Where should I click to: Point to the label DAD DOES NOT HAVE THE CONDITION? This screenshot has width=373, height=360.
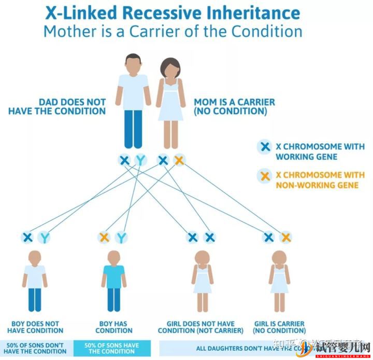[x=58, y=107]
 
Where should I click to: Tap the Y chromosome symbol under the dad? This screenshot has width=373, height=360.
[x=140, y=160]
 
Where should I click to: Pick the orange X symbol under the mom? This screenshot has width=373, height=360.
[x=179, y=160]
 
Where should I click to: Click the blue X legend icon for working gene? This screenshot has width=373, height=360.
[x=265, y=147]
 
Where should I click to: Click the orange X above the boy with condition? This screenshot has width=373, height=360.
[x=104, y=238]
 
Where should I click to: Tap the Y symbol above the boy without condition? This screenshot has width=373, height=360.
[x=45, y=238]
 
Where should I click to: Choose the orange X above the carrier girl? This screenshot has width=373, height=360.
[x=285, y=238]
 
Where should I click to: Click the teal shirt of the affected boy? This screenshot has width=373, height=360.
[x=113, y=276]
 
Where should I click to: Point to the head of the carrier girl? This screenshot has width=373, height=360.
[x=279, y=257]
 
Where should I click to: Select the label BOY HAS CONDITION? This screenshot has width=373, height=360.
[x=113, y=327]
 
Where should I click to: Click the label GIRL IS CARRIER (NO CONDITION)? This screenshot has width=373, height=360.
[x=279, y=327]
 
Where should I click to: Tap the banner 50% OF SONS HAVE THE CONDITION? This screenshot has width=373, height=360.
[x=112, y=348]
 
